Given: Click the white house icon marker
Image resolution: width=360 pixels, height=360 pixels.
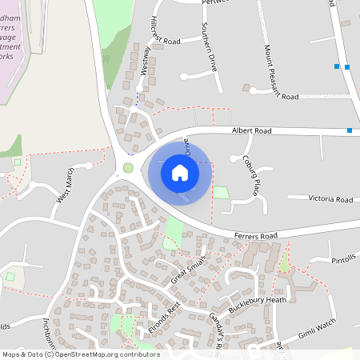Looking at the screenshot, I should [179, 172].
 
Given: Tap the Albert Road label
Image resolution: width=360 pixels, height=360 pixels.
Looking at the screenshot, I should [252, 130].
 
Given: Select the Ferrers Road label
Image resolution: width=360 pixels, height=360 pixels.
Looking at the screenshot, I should [256, 236].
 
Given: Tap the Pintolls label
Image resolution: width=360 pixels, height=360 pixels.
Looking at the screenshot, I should [344, 260].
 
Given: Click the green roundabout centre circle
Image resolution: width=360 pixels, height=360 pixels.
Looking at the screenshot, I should [128, 168].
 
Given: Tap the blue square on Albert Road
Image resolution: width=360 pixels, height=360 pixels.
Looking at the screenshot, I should [350, 130].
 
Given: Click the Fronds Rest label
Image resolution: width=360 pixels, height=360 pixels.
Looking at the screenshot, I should [166, 318].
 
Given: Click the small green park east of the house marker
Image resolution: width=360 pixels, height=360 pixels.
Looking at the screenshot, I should [220, 193].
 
